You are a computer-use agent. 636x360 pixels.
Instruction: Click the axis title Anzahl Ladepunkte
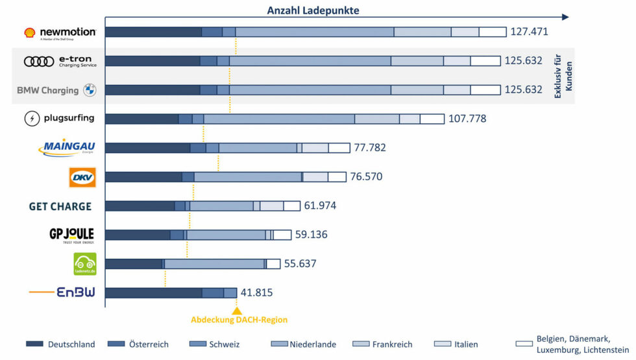pos(313,10)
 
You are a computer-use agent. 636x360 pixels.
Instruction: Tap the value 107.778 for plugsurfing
pos(467,119)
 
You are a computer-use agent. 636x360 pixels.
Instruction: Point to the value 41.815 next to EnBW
pos(256,293)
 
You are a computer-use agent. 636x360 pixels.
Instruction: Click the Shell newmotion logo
pos(60,32)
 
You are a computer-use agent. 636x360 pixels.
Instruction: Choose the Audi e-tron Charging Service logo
pos(60,61)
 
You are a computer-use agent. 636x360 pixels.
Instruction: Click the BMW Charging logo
pos(56,90)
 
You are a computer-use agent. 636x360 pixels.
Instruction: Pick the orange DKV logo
pos(82,177)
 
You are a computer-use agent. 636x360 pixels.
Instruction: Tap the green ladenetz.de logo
pos(84,264)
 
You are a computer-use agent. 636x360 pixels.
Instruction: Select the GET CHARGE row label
pos(60,206)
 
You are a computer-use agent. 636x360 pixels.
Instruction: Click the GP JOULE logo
pos(71,235)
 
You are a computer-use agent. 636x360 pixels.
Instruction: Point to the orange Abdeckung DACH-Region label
pos(239,319)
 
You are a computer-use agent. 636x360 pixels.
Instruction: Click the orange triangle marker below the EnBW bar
pos(237,310)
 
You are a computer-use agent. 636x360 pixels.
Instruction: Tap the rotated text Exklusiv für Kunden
pos(561,75)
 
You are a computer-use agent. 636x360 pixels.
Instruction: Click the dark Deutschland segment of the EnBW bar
pos(153,293)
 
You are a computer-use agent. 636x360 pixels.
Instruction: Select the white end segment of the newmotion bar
pos(493,32)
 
